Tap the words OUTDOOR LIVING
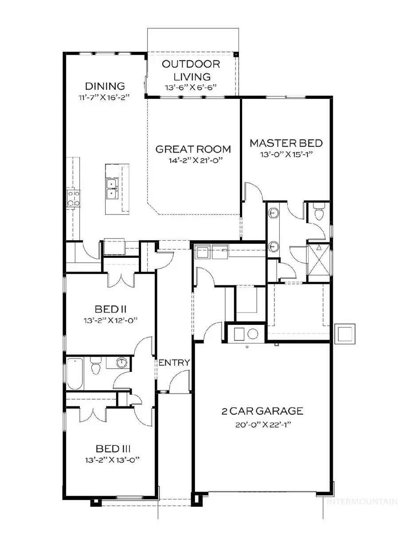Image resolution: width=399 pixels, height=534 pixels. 191,70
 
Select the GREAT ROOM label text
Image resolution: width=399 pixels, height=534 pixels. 193,149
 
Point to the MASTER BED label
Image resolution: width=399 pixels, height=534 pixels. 286,143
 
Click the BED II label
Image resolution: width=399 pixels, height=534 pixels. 109,308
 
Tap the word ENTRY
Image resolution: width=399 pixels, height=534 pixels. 174,362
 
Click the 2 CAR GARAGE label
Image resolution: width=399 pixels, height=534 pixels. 262,411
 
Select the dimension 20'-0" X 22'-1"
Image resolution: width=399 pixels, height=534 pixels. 262,424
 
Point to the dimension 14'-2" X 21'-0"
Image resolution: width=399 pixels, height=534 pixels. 193,161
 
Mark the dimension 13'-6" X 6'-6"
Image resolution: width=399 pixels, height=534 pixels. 191,87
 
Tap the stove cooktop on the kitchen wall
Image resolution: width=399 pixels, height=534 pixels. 73,198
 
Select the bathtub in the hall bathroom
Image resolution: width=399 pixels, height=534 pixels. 75,374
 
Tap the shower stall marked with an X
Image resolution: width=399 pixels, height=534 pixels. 319,259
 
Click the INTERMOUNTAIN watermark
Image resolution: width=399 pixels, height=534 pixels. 361,502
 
